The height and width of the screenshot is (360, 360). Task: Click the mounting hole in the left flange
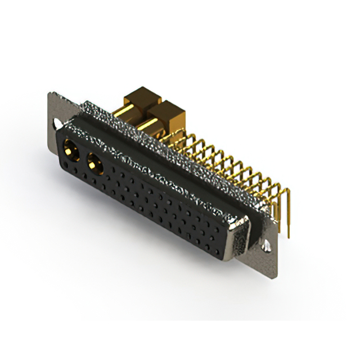pyautogui.click(x=56, y=122)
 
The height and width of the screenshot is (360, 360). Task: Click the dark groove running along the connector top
pyautogui.click(x=169, y=163)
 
